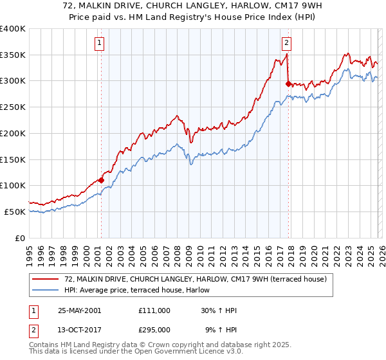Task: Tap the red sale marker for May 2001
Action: [102, 181]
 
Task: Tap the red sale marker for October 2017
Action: [288, 83]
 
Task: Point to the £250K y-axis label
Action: [13, 107]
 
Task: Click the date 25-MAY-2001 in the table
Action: [79, 310]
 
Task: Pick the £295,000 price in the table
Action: [154, 329]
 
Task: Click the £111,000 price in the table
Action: [154, 310]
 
